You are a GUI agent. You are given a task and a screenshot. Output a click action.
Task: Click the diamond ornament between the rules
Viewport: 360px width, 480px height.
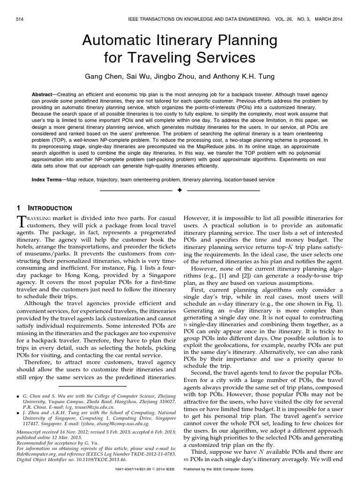180,191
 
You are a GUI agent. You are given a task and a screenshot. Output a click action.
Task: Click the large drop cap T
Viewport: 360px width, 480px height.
21,221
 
